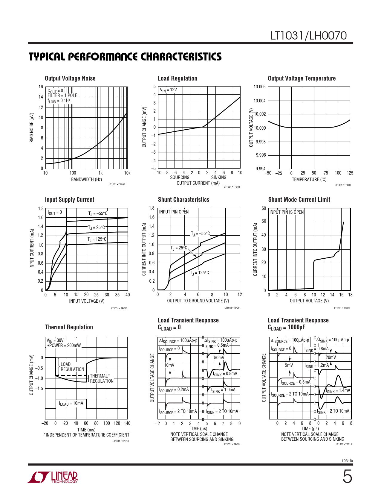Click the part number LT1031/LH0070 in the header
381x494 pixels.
(x=308, y=36)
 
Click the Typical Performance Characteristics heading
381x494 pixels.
(x=125, y=57)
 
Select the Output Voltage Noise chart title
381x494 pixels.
(x=70, y=78)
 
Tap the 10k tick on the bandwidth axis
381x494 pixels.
(x=127, y=173)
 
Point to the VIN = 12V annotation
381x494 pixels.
(x=168, y=90)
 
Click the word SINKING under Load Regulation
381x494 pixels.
(x=219, y=178)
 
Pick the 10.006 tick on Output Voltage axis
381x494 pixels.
(x=259, y=87)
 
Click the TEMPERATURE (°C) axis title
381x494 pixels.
(x=309, y=180)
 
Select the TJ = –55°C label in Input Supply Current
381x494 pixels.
(x=98, y=213)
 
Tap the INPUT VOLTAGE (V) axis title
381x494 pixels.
(x=87, y=301)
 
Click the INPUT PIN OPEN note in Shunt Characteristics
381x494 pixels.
(x=174, y=212)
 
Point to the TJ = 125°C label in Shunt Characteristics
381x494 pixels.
(x=199, y=273)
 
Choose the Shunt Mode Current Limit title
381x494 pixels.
(x=299, y=200)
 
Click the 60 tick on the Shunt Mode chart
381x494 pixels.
(x=264, y=208)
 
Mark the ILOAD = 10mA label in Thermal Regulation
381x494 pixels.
(x=71, y=404)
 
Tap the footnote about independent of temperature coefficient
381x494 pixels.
(x=87, y=435)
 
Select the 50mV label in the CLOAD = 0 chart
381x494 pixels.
(x=219, y=358)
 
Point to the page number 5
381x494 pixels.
(x=347, y=477)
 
